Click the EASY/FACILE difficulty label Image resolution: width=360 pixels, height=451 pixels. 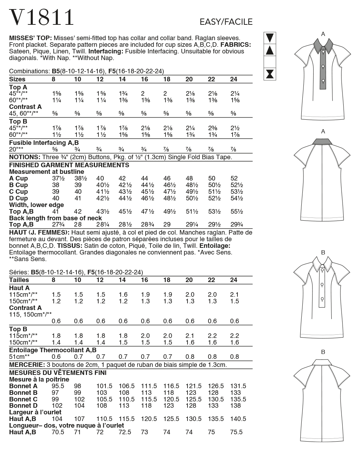(226, 22)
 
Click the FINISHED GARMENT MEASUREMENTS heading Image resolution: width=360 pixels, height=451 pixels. (69, 165)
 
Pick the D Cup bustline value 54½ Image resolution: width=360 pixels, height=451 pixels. (237, 198)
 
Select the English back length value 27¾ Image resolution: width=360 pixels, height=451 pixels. (56, 224)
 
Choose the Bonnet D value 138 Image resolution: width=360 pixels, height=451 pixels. (236, 406)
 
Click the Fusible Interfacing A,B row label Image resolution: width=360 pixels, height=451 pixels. (44, 143)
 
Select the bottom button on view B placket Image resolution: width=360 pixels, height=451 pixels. (323, 299)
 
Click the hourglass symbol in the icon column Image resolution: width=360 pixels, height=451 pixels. (270, 74)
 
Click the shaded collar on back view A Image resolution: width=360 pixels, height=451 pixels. (323, 141)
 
